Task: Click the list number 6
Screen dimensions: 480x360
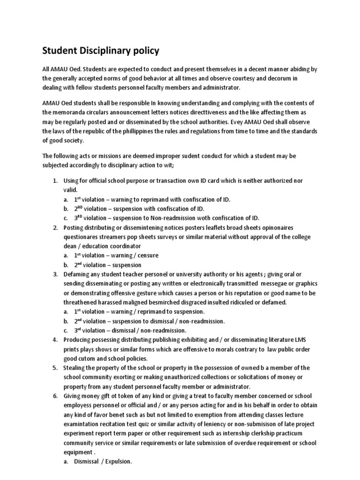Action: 55,396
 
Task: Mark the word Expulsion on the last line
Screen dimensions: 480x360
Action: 117,462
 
